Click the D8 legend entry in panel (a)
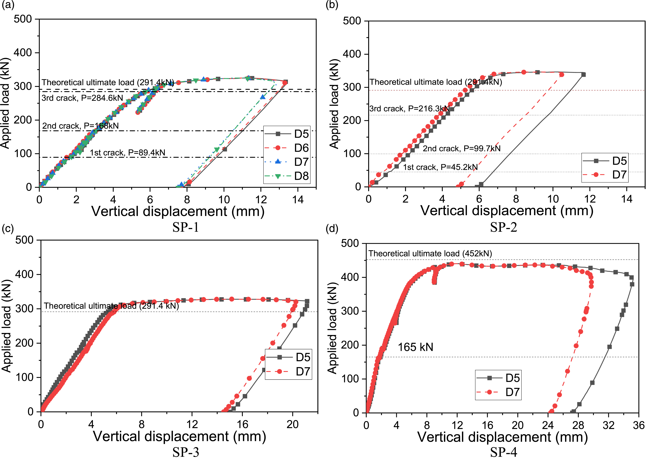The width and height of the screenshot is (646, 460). (x=287, y=176)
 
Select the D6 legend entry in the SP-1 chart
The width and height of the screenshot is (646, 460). (x=287, y=148)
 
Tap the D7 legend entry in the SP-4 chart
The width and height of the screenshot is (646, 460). (x=498, y=392)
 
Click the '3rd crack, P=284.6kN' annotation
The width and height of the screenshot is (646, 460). (x=82, y=98)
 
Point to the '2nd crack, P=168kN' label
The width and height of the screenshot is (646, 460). (x=81, y=126)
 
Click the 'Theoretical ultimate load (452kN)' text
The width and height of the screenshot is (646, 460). (x=430, y=253)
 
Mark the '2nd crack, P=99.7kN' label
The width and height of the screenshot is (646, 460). (x=462, y=148)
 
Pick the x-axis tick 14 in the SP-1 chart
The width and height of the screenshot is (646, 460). (x=298, y=200)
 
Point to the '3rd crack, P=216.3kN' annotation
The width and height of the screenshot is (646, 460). (x=409, y=109)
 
